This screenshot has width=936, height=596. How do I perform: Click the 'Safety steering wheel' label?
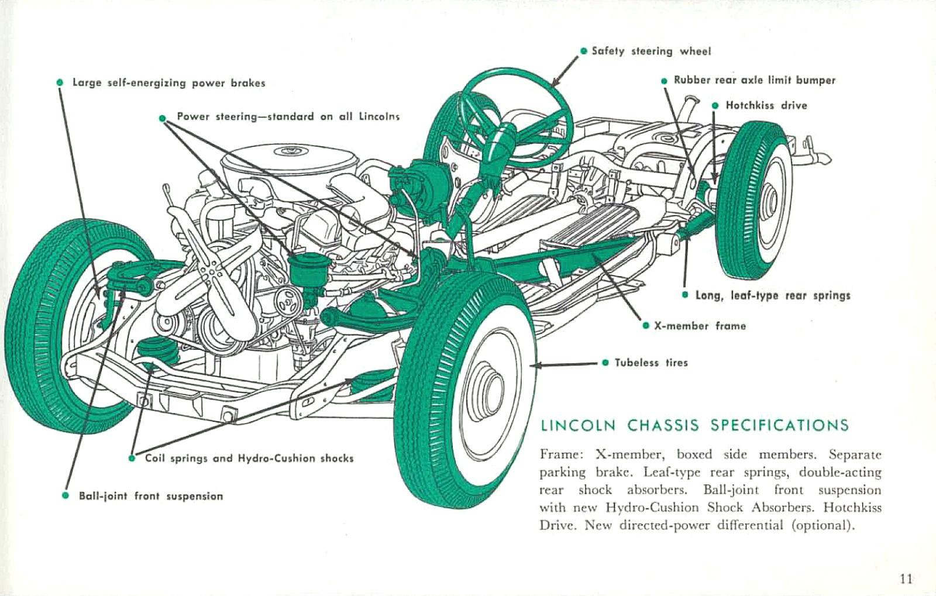(651, 51)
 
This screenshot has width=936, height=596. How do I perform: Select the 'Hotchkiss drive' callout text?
(766, 105)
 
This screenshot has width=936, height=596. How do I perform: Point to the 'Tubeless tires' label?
(651, 363)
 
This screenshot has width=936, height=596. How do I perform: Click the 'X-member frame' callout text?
(700, 326)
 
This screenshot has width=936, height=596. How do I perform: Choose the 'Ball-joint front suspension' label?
(151, 496)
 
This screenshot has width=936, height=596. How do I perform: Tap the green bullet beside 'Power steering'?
(163, 118)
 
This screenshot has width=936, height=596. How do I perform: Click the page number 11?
(906, 579)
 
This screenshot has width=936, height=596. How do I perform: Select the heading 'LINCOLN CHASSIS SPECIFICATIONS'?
(694, 425)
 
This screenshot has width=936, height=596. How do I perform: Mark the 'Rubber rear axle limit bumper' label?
(754, 80)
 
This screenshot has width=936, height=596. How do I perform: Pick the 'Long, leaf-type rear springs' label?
(772, 295)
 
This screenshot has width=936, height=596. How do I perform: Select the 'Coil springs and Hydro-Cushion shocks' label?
(249, 458)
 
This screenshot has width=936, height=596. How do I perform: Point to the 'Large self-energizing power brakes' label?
(168, 83)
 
